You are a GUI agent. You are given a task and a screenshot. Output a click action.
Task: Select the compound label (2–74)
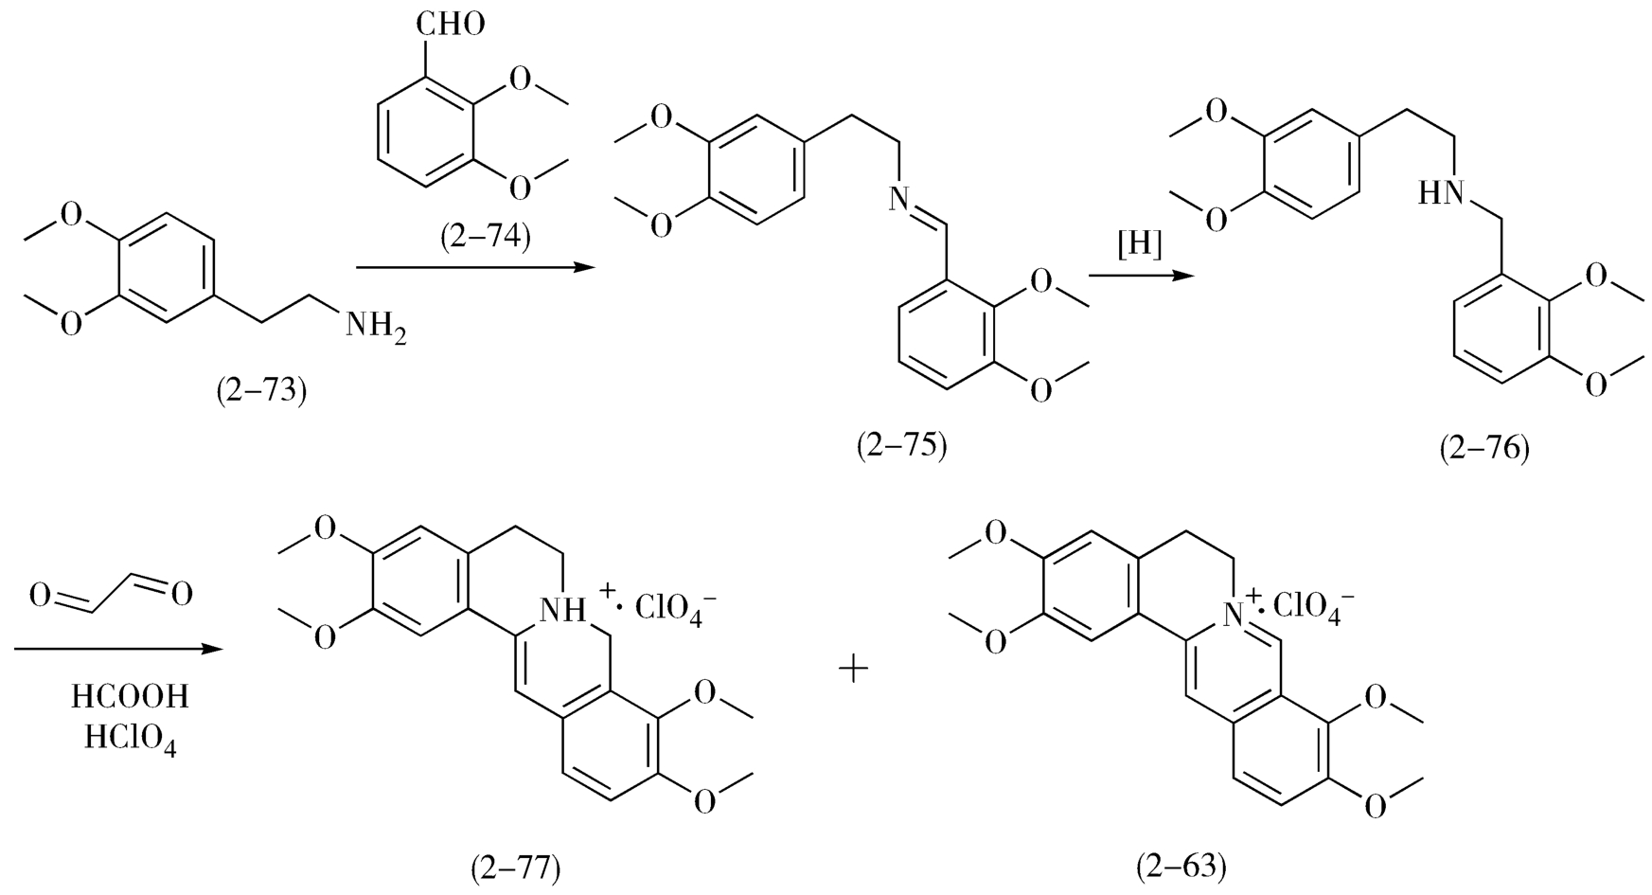pyautogui.click(x=486, y=236)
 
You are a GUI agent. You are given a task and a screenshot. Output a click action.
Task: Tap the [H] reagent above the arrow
pyautogui.click(x=1139, y=244)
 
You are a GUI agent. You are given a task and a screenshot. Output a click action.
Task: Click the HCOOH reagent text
pyautogui.click(x=131, y=698)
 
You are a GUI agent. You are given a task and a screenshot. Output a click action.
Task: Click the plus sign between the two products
pyautogui.click(x=853, y=671)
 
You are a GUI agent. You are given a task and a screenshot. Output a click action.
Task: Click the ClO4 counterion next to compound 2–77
pyautogui.click(x=675, y=606)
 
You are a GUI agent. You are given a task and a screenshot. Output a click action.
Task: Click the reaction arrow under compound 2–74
pyautogui.click(x=479, y=269)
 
